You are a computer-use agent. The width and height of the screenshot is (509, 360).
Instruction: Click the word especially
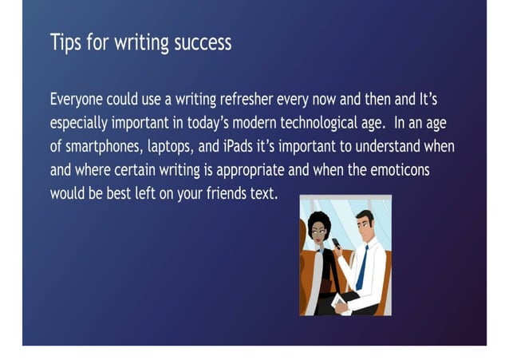coord(81,125)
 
